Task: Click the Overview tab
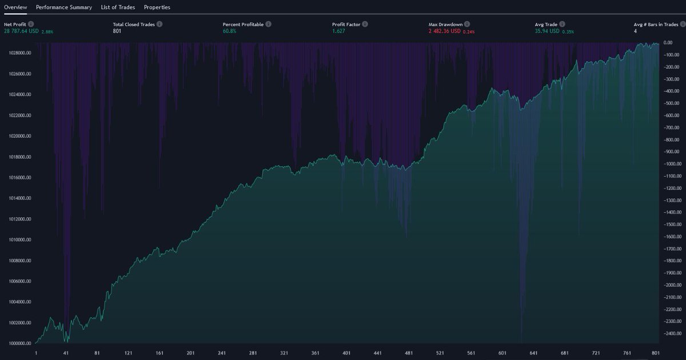[x=15, y=7]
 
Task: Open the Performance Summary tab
[x=63, y=7]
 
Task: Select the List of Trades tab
[x=118, y=7]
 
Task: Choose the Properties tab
[x=157, y=7]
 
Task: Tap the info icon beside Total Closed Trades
[x=159, y=25]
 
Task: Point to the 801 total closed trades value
[x=118, y=31]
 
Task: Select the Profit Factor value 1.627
[x=340, y=31]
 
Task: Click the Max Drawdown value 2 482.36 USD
[x=444, y=31]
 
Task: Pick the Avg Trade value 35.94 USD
[x=547, y=31]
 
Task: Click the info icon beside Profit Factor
[x=365, y=25]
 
